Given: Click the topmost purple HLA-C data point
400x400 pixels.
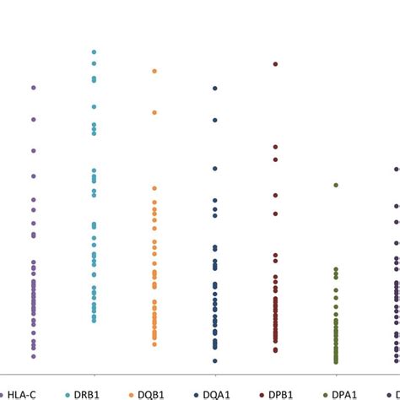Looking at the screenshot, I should (x=34, y=87).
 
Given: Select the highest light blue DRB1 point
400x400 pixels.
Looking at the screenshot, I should (x=94, y=51).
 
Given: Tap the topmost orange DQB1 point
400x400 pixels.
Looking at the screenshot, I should (x=154, y=71).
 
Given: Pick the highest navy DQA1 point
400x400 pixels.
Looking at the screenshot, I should (x=215, y=88).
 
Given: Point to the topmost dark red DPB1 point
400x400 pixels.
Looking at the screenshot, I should (x=275, y=63).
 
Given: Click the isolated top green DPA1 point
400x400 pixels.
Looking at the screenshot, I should (x=336, y=184).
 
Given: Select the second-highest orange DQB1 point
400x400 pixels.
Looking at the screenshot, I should (x=154, y=112).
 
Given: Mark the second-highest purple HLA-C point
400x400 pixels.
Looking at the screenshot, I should (x=34, y=120).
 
